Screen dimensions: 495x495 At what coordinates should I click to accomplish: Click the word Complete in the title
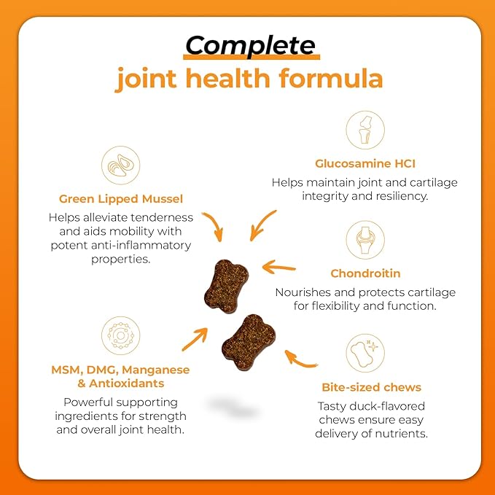[250, 46]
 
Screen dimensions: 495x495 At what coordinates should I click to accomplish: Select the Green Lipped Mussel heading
[121, 199]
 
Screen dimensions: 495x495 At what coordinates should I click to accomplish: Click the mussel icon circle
[120, 165]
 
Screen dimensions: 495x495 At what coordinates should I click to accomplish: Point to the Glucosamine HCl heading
[365, 163]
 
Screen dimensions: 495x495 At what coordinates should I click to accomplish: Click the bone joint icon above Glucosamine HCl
[365, 130]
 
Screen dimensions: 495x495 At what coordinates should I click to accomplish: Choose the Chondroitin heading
[365, 273]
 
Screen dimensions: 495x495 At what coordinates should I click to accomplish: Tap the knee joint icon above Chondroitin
[365, 240]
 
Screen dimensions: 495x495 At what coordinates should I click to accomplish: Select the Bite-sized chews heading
[371, 387]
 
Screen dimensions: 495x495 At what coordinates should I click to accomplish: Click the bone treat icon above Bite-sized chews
[365, 353]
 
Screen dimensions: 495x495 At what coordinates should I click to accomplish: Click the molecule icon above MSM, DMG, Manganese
[120, 335]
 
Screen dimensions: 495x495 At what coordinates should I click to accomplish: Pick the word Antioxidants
[127, 383]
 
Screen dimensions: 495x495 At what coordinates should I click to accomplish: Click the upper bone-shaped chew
[226, 286]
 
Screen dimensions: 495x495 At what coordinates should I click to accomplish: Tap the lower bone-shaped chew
[249, 342]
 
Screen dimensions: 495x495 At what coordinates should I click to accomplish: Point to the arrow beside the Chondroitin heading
[279, 268]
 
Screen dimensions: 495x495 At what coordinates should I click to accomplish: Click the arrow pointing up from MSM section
[195, 339]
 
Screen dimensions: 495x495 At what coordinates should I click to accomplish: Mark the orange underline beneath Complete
[252, 57]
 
